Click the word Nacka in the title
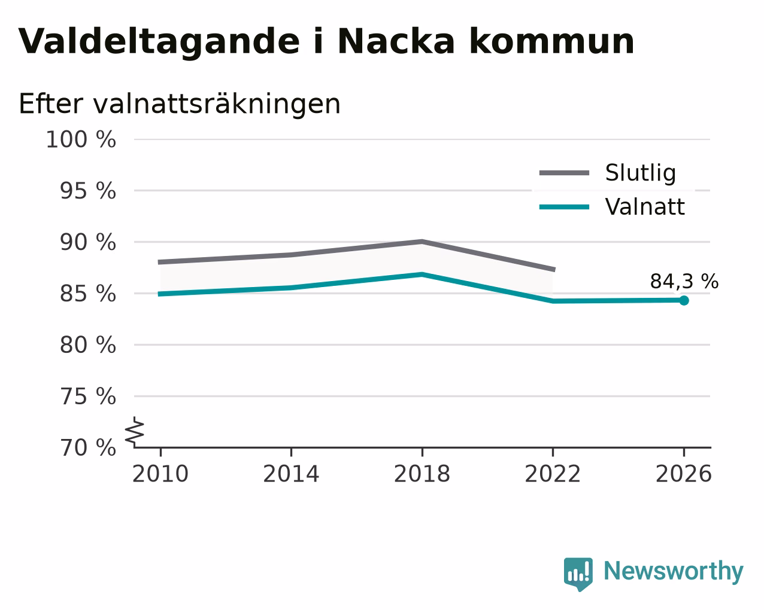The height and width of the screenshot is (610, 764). pos(396,41)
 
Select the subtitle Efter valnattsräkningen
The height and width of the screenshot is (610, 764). pos(179,104)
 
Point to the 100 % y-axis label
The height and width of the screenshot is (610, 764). pos(81,139)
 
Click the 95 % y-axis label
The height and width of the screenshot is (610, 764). pos(87,191)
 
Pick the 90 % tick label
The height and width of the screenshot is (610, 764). pos(87,243)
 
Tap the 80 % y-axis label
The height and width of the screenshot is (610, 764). pos(87,345)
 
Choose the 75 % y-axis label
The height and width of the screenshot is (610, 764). pos(87,396)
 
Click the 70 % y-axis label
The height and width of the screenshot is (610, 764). pos(87,448)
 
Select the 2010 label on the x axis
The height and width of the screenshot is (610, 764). pos(160,474)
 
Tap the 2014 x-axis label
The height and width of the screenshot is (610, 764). pos(291,474)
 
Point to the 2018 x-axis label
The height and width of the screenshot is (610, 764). pos(422,474)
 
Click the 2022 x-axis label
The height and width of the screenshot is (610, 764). pos(553,474)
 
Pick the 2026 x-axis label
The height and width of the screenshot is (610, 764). pos(683,474)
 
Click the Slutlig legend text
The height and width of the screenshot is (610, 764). pos(641,173)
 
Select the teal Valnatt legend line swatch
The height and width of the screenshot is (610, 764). pos(564,207)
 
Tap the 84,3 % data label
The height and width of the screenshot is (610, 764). pos(684,282)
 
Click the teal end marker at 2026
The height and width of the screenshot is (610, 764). pos(684,301)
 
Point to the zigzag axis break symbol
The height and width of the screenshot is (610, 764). pos(135,432)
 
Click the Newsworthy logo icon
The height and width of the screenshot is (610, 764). pos(578,574)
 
